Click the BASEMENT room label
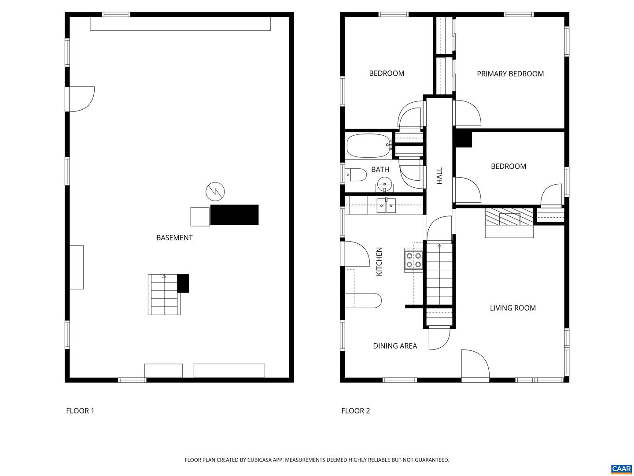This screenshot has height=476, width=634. (x=174, y=238)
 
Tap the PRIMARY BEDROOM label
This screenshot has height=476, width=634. (x=510, y=74)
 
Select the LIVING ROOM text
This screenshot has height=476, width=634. (x=512, y=308)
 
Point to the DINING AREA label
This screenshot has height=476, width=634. (x=394, y=346)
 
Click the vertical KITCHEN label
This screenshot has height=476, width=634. (x=379, y=261)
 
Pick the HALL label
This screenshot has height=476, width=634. (x=439, y=175)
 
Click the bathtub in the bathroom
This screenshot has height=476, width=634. (x=369, y=145)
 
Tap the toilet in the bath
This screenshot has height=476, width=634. (x=356, y=175)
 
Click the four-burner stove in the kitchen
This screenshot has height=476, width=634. (x=414, y=260)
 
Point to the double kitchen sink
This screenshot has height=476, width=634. (x=386, y=205)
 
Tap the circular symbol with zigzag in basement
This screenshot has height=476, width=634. (x=215, y=191)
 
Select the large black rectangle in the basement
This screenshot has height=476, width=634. (x=234, y=215)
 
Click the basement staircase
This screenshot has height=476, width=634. (x=164, y=294)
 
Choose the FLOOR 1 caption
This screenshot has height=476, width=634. (x=80, y=411)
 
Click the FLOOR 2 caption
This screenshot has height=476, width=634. (x=355, y=411)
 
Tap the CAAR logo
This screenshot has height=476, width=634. (x=621, y=469)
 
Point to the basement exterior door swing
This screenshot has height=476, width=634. (x=81, y=99)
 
